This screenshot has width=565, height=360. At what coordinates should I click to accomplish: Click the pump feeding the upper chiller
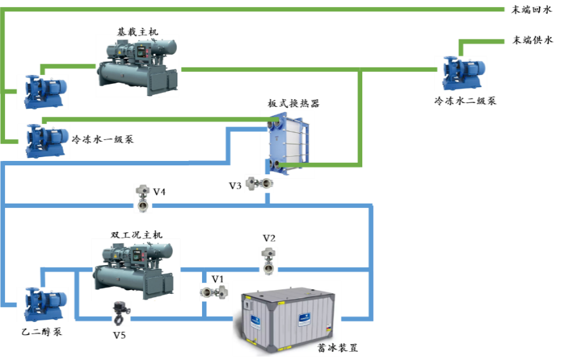click(x=42, y=92)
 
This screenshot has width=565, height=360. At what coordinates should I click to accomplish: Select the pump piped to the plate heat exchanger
click(x=44, y=141)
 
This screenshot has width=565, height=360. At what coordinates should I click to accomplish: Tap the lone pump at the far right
click(x=461, y=73)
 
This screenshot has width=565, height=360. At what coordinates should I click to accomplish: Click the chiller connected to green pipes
click(x=137, y=66)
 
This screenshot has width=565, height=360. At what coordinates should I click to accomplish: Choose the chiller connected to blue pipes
click(x=135, y=268)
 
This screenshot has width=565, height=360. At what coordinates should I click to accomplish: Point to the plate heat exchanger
click(x=288, y=144)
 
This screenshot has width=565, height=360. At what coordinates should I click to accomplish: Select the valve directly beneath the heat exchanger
click(x=259, y=184)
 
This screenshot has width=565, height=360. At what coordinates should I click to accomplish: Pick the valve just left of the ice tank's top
click(x=214, y=292)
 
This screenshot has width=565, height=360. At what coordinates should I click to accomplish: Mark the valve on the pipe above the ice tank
click(x=269, y=261)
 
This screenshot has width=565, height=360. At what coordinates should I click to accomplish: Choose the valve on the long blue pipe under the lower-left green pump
click(x=143, y=198)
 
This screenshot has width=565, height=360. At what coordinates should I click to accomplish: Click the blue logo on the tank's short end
click(x=255, y=320)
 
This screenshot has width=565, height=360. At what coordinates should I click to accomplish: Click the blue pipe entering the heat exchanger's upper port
click(x=245, y=130)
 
